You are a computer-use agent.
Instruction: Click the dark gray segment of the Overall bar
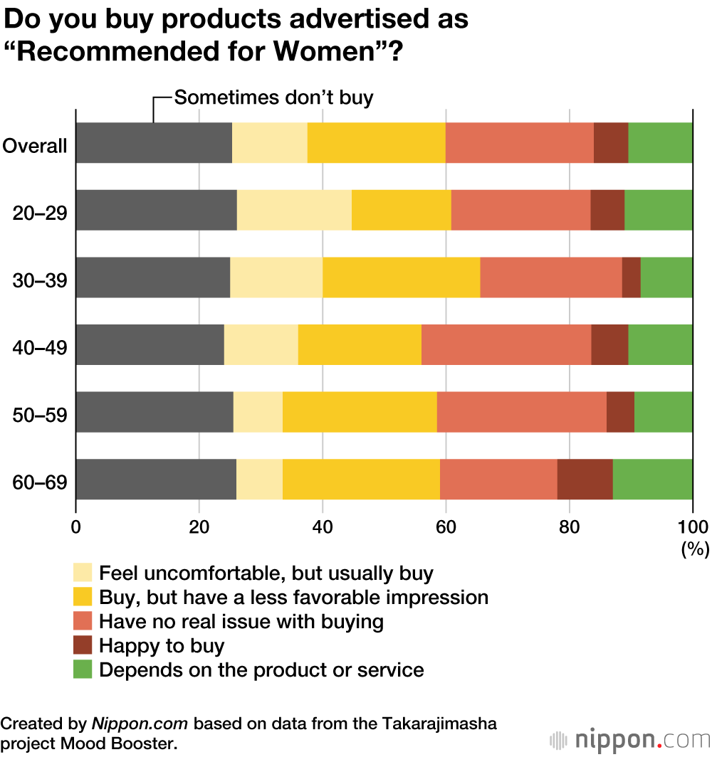click(154, 143)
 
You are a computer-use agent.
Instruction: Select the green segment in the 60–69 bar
click(652, 479)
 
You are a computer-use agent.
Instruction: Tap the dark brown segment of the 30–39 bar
click(631, 277)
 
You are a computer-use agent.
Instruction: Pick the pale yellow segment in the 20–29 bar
click(294, 211)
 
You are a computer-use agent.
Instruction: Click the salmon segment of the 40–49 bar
click(506, 344)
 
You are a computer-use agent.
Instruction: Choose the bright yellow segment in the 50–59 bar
click(360, 412)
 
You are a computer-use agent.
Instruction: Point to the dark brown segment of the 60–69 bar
click(585, 479)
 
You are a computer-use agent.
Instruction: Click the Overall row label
click(35, 146)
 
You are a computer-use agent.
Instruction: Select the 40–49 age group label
click(40, 347)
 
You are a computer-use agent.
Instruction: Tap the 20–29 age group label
click(40, 213)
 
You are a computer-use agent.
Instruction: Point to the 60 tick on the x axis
click(446, 527)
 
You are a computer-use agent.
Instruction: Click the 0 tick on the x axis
click(75, 527)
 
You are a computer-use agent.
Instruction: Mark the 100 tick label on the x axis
click(692, 527)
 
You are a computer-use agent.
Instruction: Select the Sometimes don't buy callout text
click(273, 97)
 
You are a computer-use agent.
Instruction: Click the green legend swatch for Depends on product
click(83, 669)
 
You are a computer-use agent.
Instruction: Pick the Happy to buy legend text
click(162, 645)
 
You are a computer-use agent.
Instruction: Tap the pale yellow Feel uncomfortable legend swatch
click(83, 573)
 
